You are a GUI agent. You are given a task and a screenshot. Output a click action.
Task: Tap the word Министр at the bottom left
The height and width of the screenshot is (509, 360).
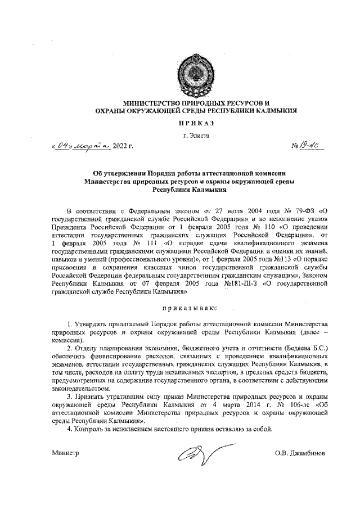coord(65,453)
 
